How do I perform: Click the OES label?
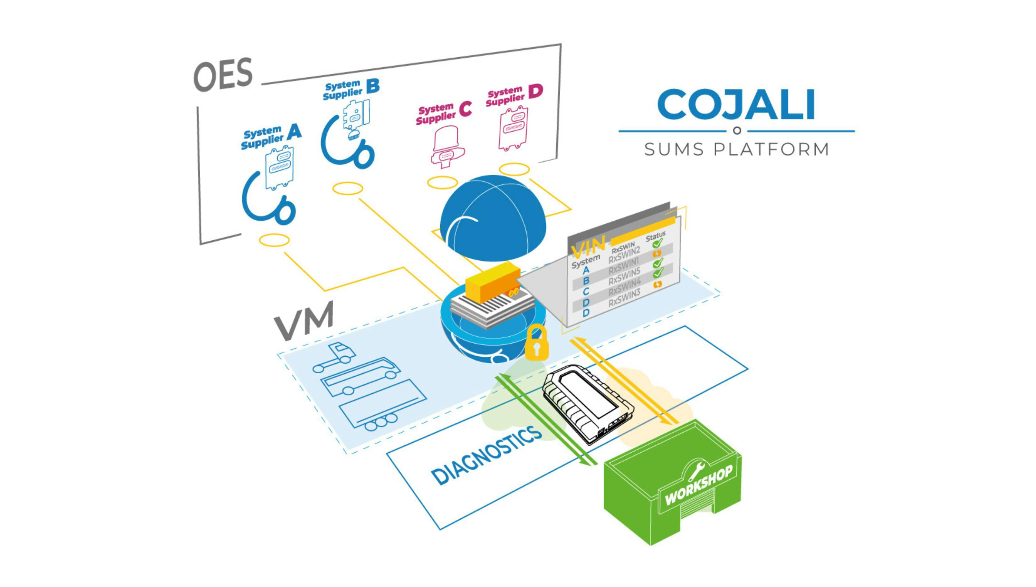pyautogui.click(x=223, y=75)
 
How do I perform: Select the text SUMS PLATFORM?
pyautogui.click(x=737, y=150)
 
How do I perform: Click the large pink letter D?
pyautogui.click(x=535, y=92)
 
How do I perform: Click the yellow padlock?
pyautogui.click(x=537, y=344)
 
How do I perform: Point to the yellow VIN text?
pyautogui.click(x=588, y=247)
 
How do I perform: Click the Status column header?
pyautogui.click(x=655, y=236)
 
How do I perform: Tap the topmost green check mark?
pyautogui.click(x=658, y=243)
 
